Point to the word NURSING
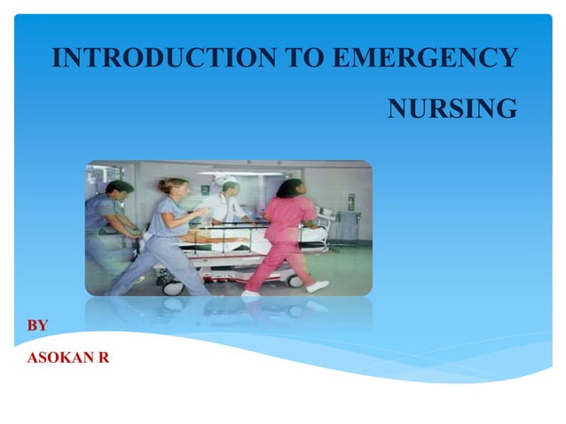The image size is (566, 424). (452, 109)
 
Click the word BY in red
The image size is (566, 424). (38, 326)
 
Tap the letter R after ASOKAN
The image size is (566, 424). (106, 357)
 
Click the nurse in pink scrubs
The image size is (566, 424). (286, 235)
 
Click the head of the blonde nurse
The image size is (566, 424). (173, 188)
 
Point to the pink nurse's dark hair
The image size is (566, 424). (291, 188)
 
